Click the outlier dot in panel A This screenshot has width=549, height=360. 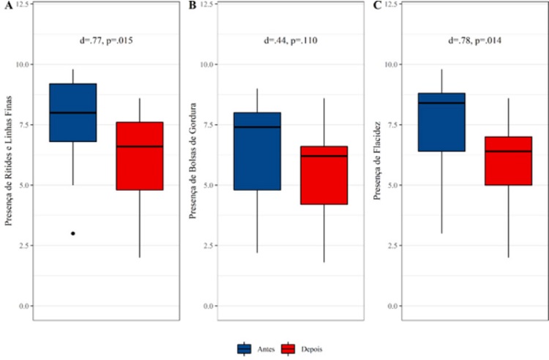tap(72, 233)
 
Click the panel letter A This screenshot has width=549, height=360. tap(5, 6)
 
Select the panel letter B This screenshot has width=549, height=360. tap(192, 6)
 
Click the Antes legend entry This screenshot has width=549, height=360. tap(253, 349)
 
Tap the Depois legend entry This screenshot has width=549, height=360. tap(297, 349)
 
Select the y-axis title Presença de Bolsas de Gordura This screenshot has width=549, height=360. tap(192, 165)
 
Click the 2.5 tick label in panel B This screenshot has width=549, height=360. tap(209, 245)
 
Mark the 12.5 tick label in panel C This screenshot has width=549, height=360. tap(395, 4)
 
